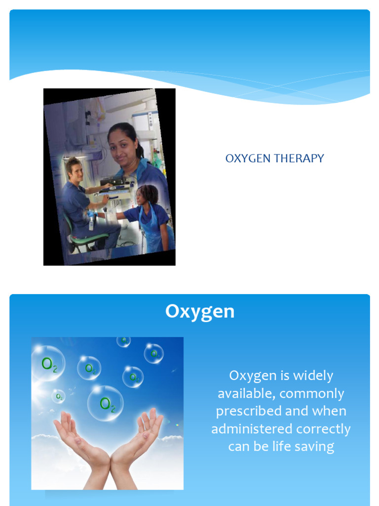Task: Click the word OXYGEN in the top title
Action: click(242, 159)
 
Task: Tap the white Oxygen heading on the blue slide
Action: click(200, 312)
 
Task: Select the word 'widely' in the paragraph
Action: click(313, 376)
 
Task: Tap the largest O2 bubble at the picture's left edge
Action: click(48, 363)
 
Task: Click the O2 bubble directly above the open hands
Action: click(106, 403)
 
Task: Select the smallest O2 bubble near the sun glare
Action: click(59, 396)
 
